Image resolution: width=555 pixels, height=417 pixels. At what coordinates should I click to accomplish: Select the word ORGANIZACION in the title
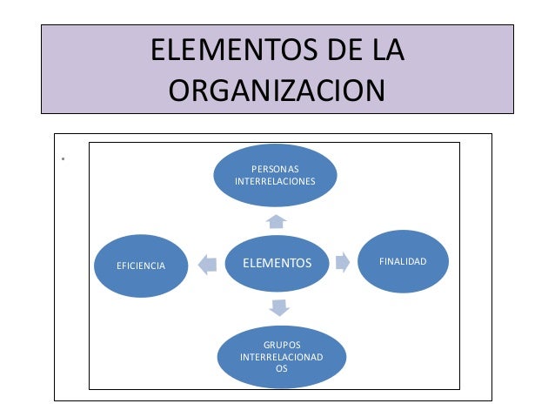[277, 90]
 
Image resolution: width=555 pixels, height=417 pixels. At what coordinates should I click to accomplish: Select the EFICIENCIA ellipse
[140, 265]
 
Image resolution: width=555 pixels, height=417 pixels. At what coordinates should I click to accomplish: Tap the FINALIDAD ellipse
[403, 261]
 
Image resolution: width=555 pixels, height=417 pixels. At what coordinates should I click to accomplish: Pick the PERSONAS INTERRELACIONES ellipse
[275, 174]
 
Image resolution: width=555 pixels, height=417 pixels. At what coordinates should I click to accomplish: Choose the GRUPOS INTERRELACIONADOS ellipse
[281, 356]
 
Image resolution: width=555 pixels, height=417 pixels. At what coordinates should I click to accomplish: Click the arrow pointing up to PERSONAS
[277, 221]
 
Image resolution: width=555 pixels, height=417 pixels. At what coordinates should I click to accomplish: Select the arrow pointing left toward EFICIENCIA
[207, 264]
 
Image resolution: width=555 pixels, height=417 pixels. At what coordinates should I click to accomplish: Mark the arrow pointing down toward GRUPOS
[279, 306]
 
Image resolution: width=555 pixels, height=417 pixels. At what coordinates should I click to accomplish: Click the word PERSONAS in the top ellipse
[275, 168]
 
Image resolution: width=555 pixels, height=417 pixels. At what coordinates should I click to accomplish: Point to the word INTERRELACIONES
[275, 181]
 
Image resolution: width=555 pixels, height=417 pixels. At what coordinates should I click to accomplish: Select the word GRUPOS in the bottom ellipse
[282, 345]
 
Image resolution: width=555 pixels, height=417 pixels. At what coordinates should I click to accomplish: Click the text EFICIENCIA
[141, 265]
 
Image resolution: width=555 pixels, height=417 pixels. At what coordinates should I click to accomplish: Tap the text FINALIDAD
[403, 261]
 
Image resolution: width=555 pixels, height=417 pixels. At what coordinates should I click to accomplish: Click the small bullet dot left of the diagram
[64, 159]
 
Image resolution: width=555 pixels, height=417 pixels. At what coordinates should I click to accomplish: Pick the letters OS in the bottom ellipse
[282, 368]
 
